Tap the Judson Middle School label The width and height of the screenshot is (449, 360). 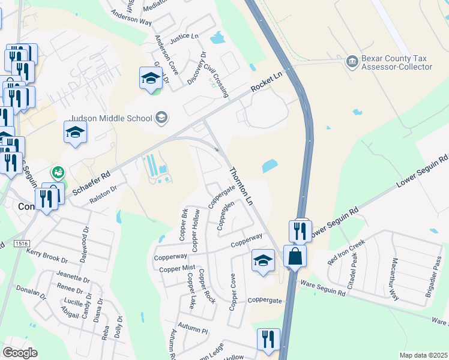112,118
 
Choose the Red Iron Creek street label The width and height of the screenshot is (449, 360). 346,253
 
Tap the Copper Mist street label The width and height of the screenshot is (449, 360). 177,269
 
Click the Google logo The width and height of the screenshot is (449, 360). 20,353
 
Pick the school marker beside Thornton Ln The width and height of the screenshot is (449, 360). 262,261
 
